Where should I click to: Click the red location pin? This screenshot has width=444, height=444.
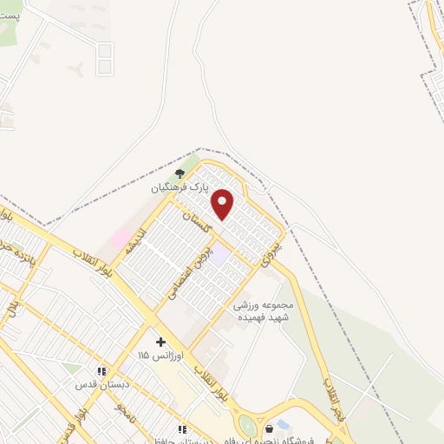[x=223, y=205]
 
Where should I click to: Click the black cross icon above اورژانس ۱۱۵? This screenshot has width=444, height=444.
[x=160, y=342]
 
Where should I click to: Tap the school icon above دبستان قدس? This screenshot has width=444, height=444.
[x=101, y=371]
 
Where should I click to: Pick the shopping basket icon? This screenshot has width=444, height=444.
[x=270, y=428]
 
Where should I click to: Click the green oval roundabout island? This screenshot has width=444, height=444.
[x=247, y=426]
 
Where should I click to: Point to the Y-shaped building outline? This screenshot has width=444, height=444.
[x=77, y=69]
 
